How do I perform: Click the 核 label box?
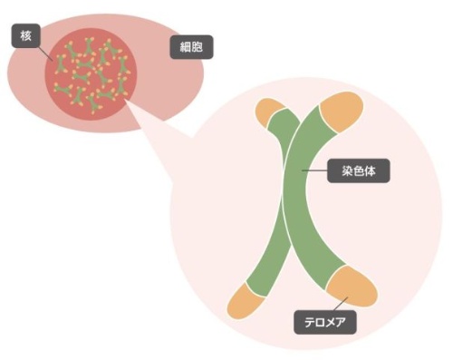coord(25,35)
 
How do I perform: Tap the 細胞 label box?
coord(191,47)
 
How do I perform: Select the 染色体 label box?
coord(359,170)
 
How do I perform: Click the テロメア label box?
coord(325,322)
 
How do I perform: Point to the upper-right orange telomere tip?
coord(342,112)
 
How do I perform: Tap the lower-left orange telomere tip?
coord(245,302)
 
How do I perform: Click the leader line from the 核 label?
coord(46,54)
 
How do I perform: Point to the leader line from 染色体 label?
coord(314,170)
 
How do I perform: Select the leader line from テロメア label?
coord(341,304)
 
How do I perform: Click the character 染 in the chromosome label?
coord(347,171)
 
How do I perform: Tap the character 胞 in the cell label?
coord(198,47)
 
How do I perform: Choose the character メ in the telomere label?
coord(331,323)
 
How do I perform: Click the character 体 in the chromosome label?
coord(370,171)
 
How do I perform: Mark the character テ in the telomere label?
coord(310,323)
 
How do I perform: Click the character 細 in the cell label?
coord(186,47)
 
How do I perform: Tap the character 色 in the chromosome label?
coord(359,171)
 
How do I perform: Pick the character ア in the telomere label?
coord(341,323)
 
